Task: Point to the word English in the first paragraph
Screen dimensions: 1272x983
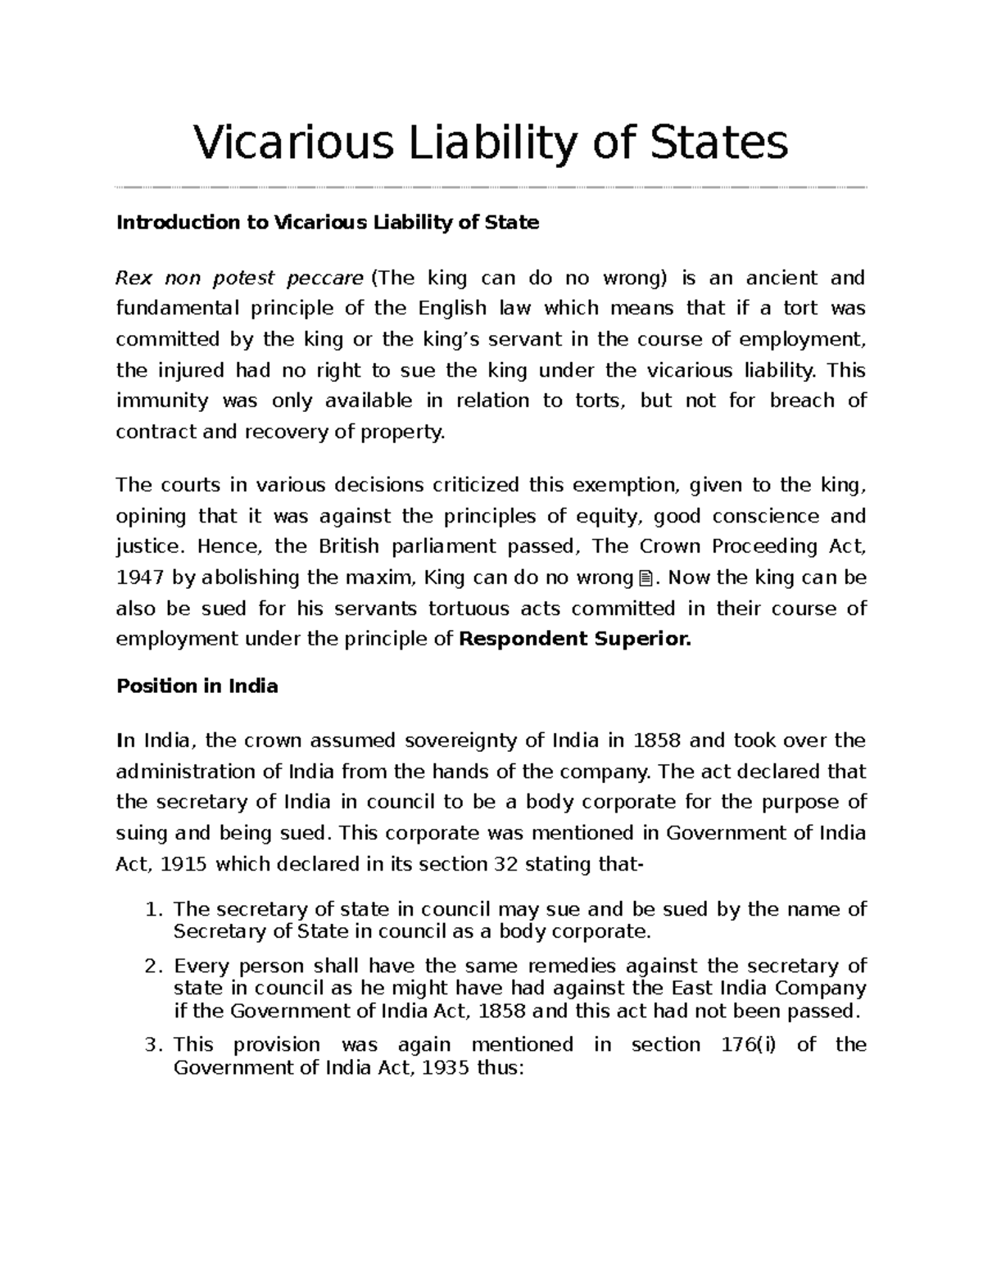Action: coord(452,309)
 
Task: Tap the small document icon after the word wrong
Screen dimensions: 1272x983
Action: coord(644,579)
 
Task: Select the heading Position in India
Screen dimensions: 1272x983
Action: coord(197,686)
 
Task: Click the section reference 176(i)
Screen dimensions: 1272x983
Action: coord(742,1045)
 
